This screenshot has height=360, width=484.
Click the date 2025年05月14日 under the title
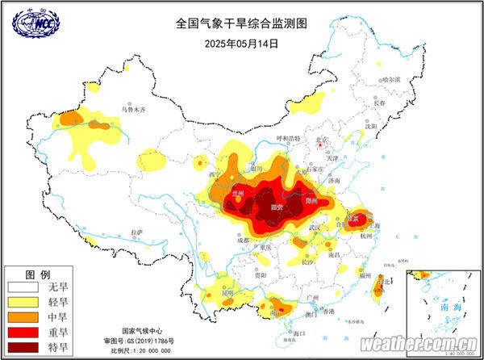pos(242,43)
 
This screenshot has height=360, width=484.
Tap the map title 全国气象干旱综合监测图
pos(242,25)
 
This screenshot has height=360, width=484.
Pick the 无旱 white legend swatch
pos(25,287)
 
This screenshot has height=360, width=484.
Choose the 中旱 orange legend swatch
pos(25,316)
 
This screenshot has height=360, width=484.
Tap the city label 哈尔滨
pos(390,80)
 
